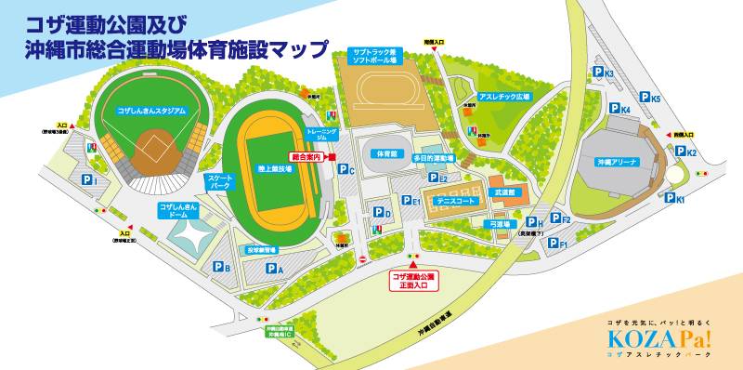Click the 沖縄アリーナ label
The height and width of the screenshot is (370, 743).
pyautogui.click(x=617, y=162)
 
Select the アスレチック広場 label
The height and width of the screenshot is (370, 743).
pyautogui.click(x=502, y=96)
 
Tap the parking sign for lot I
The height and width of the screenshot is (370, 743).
pyautogui.click(x=89, y=179)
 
